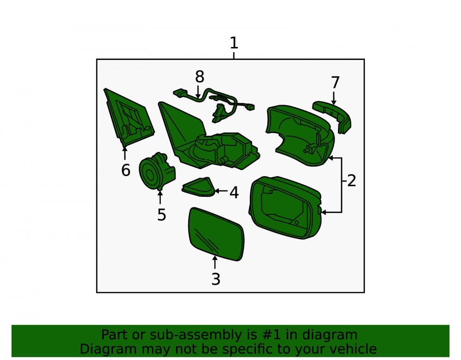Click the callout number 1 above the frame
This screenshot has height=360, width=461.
(234, 43)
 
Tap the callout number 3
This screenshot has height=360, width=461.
(216, 279)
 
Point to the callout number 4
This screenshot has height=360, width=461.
(234, 193)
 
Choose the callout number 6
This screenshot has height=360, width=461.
(126, 170)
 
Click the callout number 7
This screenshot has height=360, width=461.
(336, 83)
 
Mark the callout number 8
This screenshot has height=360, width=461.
(200, 77)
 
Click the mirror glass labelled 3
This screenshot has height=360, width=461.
(216, 234)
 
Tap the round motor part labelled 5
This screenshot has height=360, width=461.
(156, 172)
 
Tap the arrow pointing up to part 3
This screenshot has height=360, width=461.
(215, 262)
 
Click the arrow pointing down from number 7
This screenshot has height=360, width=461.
(334, 98)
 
